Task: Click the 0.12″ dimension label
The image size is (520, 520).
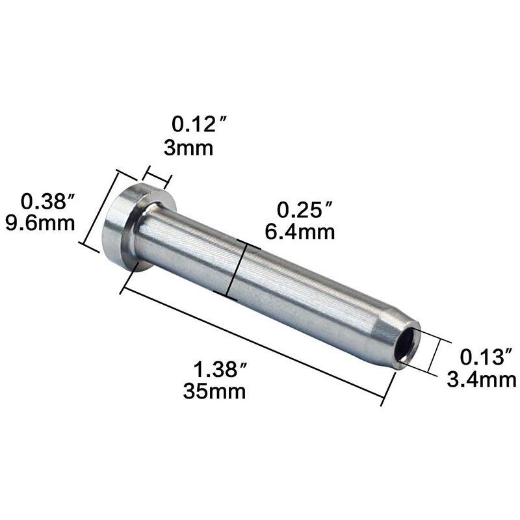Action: coord(193,123)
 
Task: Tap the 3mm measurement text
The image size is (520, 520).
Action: coord(188,148)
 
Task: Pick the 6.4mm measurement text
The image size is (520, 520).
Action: coord(300,231)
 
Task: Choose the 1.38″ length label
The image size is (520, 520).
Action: coord(220,370)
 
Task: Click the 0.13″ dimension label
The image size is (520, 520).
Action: coord(482,357)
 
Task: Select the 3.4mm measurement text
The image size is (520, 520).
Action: coord(482,378)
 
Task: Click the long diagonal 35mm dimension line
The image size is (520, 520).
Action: coord(253,341)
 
